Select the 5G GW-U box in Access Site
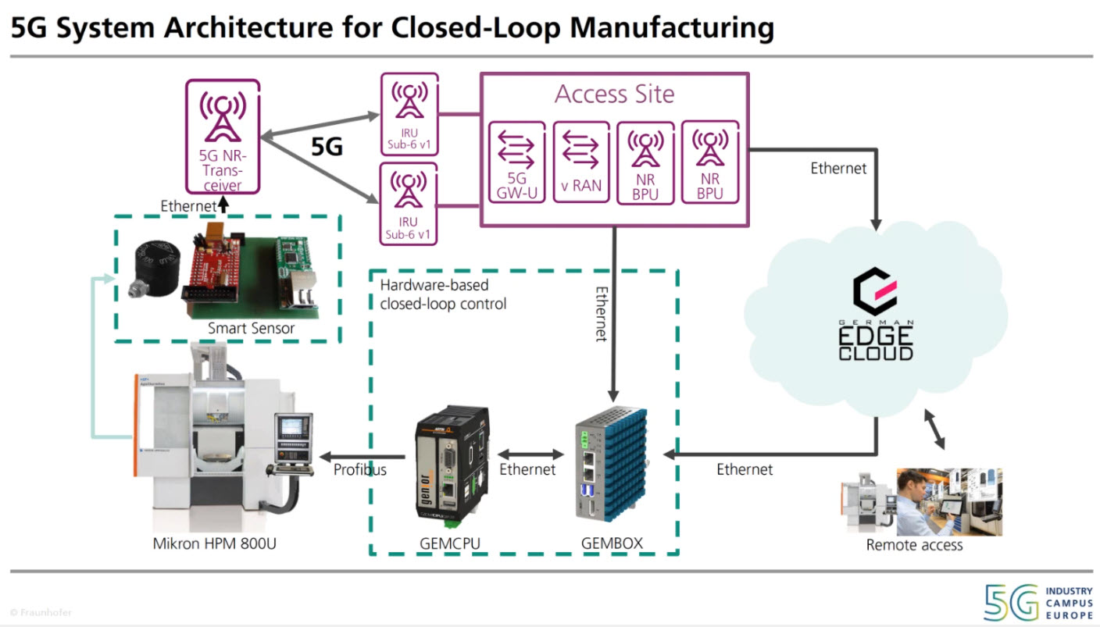pyautogui.click(x=516, y=162)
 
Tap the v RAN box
pyautogui.click(x=581, y=162)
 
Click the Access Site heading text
pyautogui.click(x=614, y=94)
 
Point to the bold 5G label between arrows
pyautogui.click(x=327, y=147)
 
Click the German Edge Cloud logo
pyautogui.click(x=875, y=316)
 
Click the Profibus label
pyautogui.click(x=360, y=470)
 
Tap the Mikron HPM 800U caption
pyautogui.click(x=214, y=543)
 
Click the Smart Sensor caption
pyautogui.click(x=251, y=329)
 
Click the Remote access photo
pyautogui.click(x=922, y=502)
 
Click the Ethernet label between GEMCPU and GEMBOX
pyautogui.click(x=527, y=470)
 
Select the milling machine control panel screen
pyautogui.click(x=291, y=426)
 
